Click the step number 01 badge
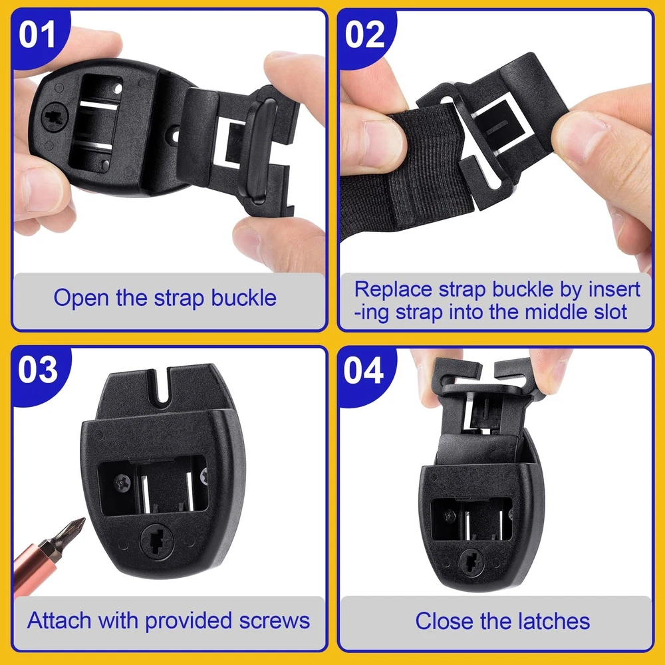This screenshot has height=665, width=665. click(x=38, y=36)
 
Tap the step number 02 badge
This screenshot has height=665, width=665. click(x=364, y=36)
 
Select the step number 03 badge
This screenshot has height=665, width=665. click(x=38, y=370)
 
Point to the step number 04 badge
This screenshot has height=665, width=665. click(x=364, y=370)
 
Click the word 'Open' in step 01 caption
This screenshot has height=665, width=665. click(x=81, y=298)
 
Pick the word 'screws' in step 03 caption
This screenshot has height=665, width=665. click(x=275, y=621)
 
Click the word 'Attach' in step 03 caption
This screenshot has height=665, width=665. click(x=59, y=620)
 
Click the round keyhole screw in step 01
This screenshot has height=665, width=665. click(x=55, y=116)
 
